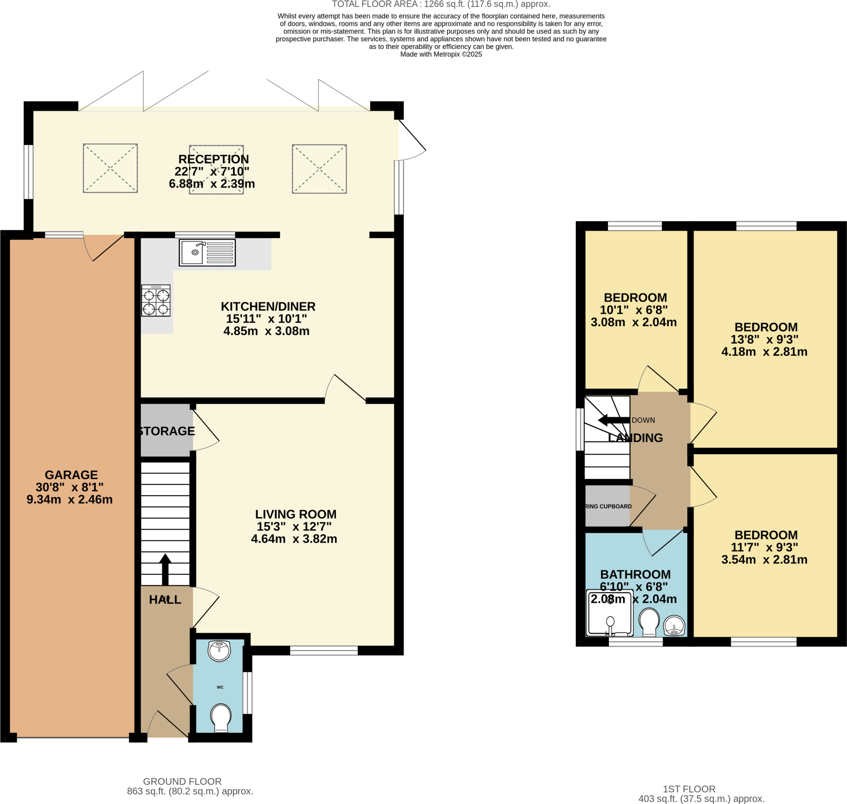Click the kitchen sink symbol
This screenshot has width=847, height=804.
click(207, 252)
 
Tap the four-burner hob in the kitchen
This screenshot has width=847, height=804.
click(156, 301)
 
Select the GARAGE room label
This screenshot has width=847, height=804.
click(71, 475)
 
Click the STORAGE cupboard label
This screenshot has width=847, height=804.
click(167, 431)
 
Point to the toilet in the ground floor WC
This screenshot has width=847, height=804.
click(221, 718)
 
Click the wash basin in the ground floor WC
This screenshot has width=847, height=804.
click(219, 651)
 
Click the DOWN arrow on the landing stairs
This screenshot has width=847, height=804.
click(613, 420)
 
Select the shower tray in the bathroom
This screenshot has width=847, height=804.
click(609, 613)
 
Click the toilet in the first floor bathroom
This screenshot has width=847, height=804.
click(649, 622)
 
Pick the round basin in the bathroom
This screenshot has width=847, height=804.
click(674, 626)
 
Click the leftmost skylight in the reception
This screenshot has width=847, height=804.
click(110, 168)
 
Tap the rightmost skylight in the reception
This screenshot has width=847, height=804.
click(319, 169)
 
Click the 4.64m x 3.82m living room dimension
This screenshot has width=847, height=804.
click(294, 539)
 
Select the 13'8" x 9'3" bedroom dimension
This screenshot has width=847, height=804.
click(764, 340)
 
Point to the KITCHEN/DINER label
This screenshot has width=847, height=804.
click(268, 306)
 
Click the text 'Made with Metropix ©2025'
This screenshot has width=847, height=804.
click(440, 55)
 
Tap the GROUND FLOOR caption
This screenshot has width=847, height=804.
click(182, 781)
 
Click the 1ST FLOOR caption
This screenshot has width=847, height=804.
click(689, 789)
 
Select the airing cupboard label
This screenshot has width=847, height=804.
click(608, 507)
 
